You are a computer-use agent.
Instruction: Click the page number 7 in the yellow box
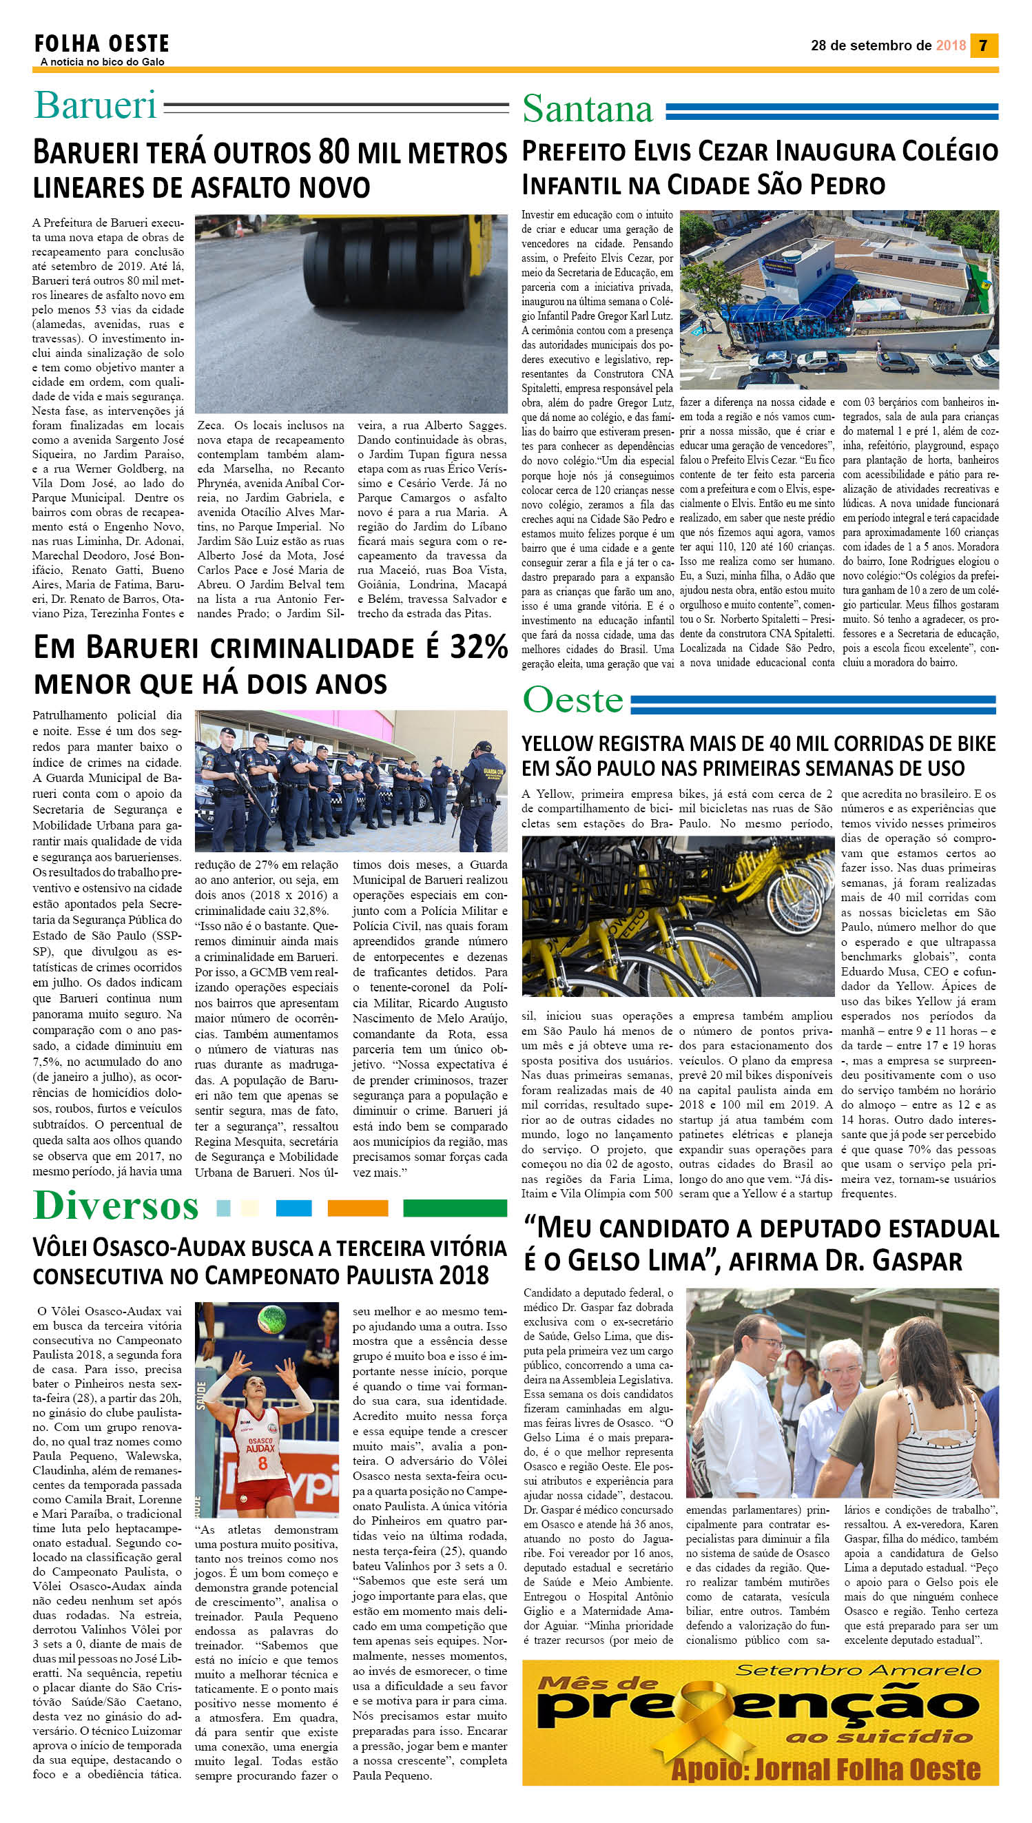pyautogui.click(x=983, y=45)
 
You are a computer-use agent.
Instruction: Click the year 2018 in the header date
pyautogui.click(x=951, y=45)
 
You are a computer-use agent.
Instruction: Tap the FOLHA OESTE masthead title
pyautogui.click(x=102, y=44)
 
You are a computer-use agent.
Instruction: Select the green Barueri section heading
pyautogui.click(x=96, y=105)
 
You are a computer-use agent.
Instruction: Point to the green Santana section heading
pyautogui.click(x=588, y=108)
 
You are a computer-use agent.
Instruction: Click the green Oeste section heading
pyautogui.click(x=572, y=700)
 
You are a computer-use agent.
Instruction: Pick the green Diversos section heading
pyautogui.click(x=116, y=1206)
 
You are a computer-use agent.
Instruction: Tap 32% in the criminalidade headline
pyautogui.click(x=477, y=647)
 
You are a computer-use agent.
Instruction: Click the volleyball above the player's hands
pyautogui.click(x=272, y=1317)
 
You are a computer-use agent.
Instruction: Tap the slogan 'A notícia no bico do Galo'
pyautogui.click(x=102, y=63)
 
